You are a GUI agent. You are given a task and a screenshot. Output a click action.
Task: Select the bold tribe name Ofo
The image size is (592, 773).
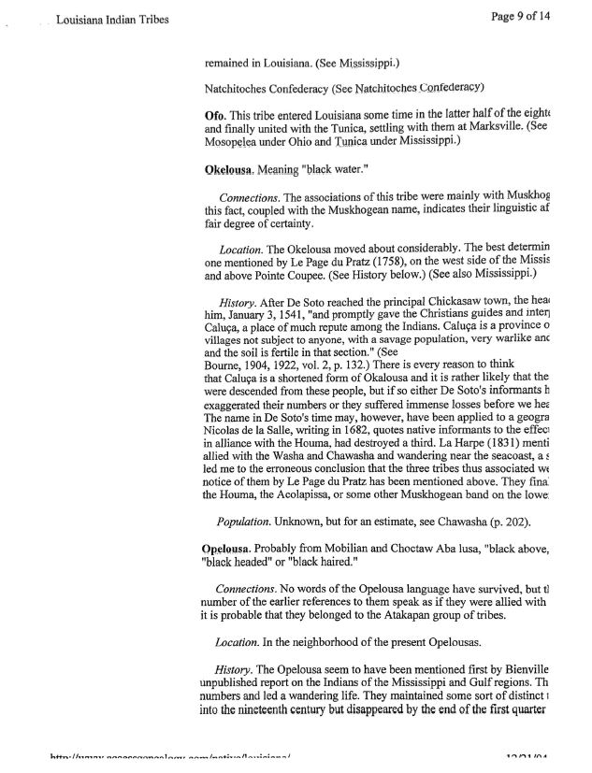214,113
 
